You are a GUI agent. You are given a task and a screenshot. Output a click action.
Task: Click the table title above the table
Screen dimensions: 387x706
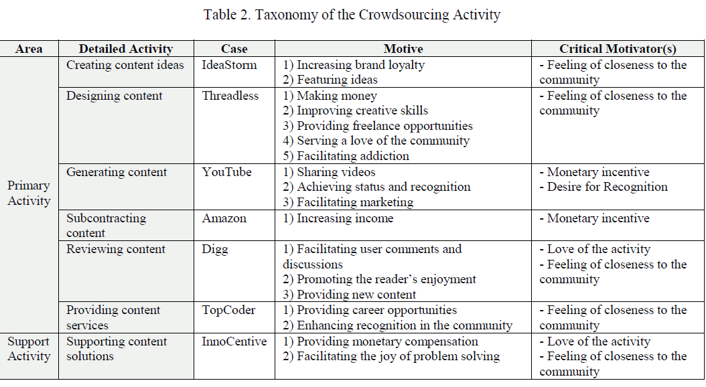[x=352, y=15]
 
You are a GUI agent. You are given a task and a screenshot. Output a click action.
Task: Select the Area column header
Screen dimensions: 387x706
[x=29, y=49]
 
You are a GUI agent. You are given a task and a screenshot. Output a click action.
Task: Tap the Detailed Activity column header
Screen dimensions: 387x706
[x=126, y=49]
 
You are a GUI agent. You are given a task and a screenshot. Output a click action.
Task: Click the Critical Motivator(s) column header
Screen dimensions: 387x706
[x=618, y=49]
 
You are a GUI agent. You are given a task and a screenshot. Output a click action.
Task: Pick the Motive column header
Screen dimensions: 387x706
[x=403, y=49]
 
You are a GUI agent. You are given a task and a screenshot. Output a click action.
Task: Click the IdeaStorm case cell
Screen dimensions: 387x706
[x=230, y=65]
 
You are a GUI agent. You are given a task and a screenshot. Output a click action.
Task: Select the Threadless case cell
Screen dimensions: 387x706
[x=230, y=96]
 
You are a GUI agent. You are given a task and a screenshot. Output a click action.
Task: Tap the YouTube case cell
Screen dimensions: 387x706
[x=227, y=172]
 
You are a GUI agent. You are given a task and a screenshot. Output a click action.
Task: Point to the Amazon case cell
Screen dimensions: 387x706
[x=224, y=218]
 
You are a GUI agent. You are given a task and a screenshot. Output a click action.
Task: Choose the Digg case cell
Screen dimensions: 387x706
[x=215, y=249]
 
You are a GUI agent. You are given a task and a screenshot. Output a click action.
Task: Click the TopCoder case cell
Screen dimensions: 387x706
[x=229, y=310]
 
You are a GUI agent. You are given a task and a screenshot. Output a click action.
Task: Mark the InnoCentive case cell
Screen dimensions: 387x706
[x=234, y=341]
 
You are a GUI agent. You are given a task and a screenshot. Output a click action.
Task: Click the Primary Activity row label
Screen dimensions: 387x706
[x=29, y=193]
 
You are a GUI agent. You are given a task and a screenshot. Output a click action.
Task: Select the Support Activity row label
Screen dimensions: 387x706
[x=29, y=349]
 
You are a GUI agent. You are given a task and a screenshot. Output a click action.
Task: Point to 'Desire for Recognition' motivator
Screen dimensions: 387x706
[x=604, y=187]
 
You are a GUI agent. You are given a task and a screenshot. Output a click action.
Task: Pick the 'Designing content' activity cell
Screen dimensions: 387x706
[x=114, y=96]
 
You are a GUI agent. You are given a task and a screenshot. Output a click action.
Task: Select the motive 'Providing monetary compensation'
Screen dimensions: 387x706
[x=380, y=341]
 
